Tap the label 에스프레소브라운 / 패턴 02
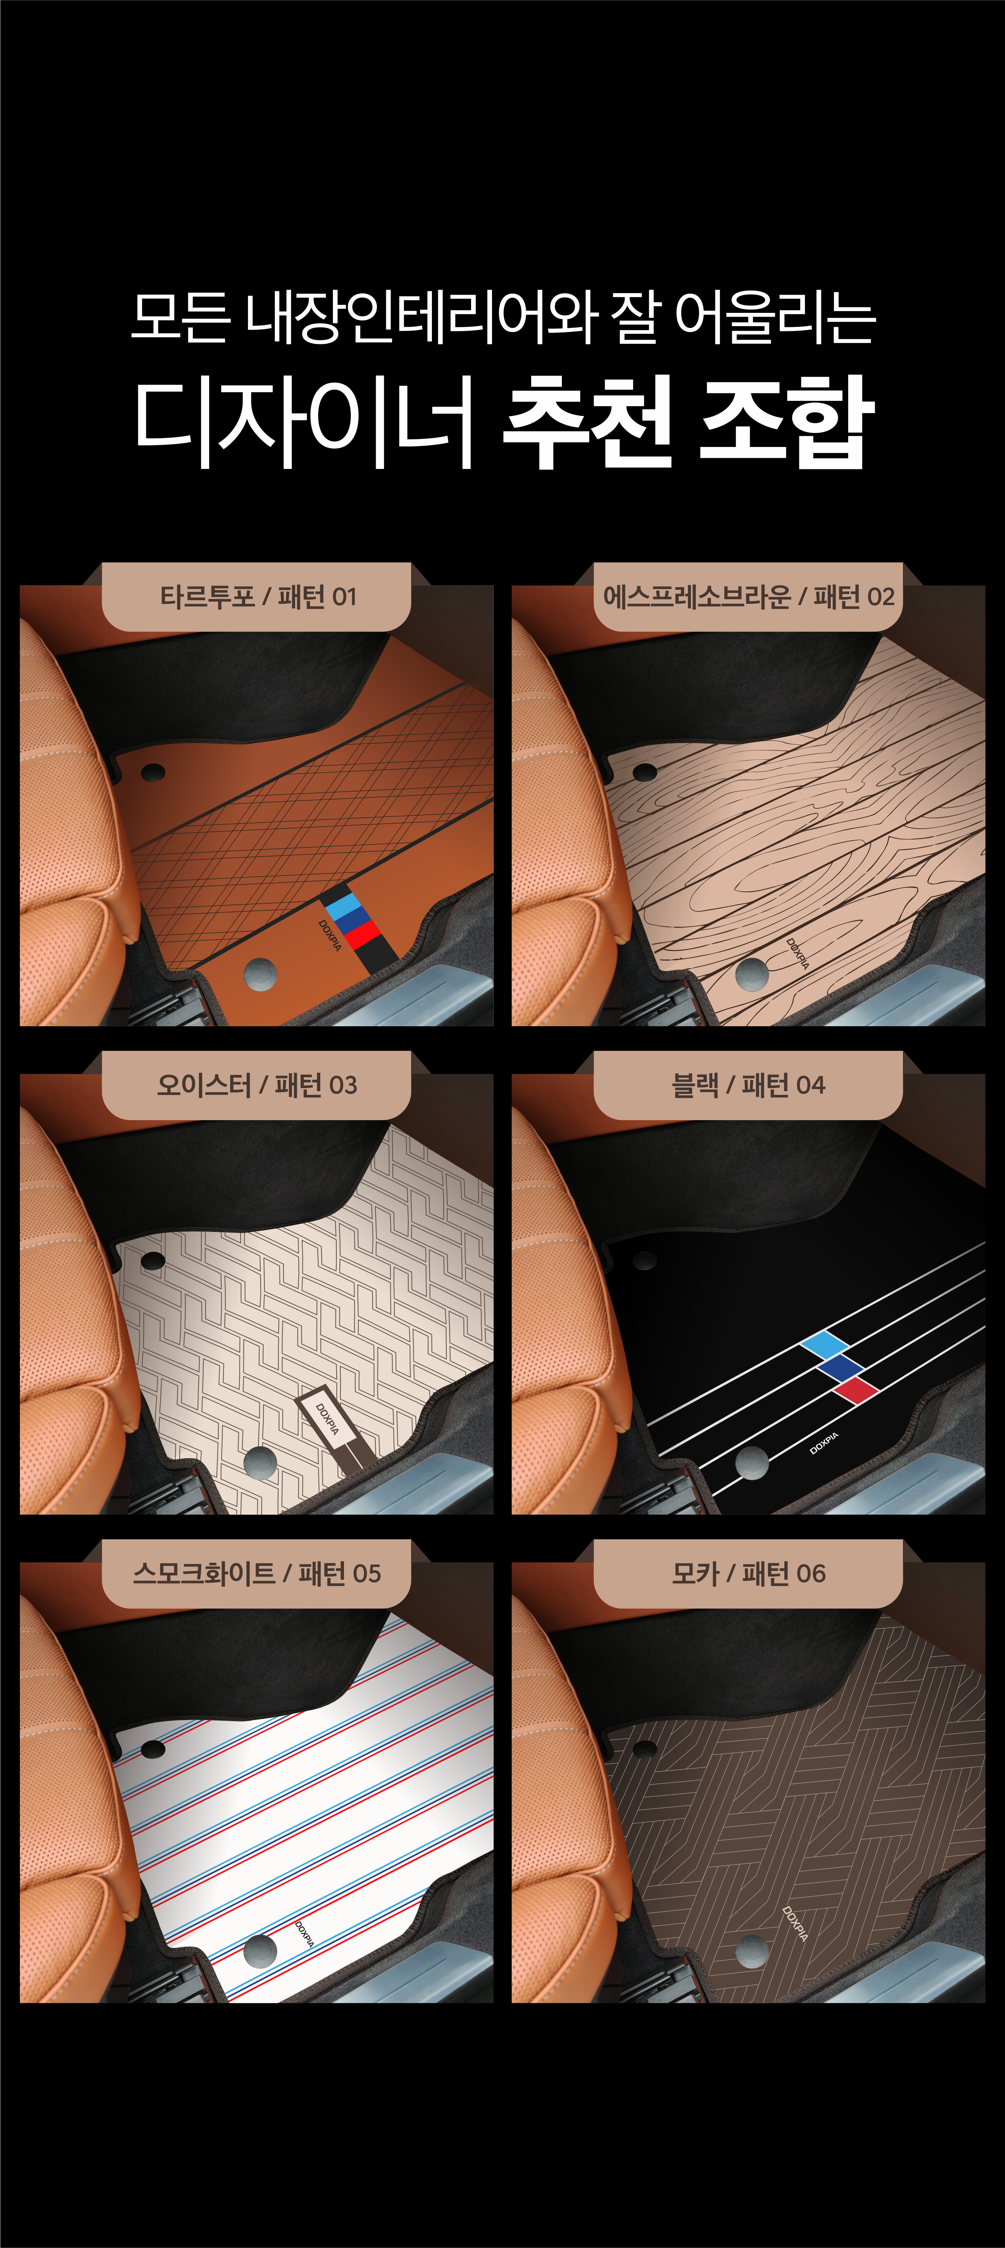(x=749, y=597)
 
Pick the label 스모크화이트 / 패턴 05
(x=257, y=1573)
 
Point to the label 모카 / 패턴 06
(x=749, y=1573)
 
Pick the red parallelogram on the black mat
(x=856, y=1390)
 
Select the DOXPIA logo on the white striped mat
(x=305, y=1934)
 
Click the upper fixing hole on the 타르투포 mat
(x=153, y=772)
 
